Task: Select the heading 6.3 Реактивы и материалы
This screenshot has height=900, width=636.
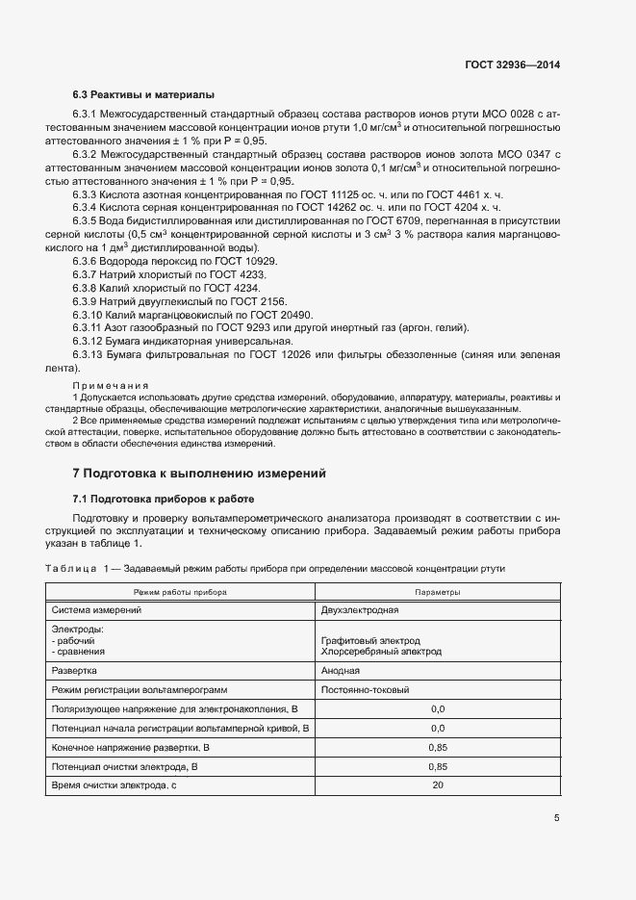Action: tap(143, 94)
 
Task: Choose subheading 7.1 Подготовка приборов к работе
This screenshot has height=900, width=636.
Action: tap(164, 499)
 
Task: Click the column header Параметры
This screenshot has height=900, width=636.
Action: tap(437, 591)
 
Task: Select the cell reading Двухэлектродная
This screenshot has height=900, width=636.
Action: tap(360, 609)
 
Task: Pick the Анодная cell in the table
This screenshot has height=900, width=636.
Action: tap(341, 669)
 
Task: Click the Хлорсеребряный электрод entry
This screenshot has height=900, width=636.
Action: tap(381, 652)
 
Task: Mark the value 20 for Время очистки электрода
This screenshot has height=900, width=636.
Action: tap(437, 786)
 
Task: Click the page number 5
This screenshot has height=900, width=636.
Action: tap(556, 819)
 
